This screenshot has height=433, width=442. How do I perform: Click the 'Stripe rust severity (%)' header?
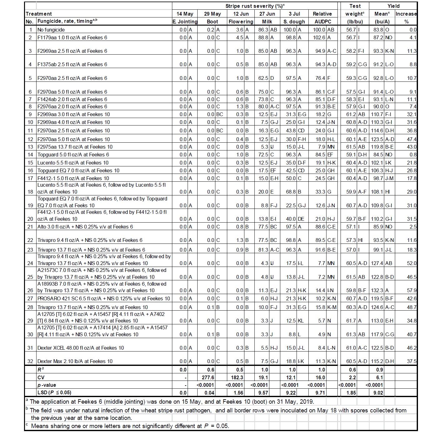click(255, 6)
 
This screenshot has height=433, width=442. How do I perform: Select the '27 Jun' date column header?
click(267, 14)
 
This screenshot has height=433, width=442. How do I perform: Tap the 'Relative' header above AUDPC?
click(322, 14)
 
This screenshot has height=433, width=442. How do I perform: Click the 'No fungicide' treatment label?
click(51, 30)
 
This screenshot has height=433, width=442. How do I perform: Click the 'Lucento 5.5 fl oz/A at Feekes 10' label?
click(73, 163)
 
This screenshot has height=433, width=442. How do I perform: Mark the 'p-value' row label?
click(47, 385)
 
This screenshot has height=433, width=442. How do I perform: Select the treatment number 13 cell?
click(30, 147)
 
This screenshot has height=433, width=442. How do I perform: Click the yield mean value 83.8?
click(378, 30)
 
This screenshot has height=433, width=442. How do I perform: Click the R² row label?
click(41, 370)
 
